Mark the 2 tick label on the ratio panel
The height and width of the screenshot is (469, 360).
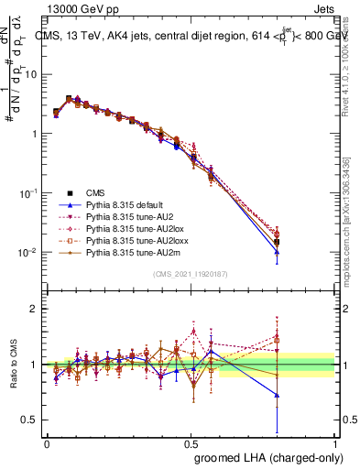[x=34, y=310]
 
